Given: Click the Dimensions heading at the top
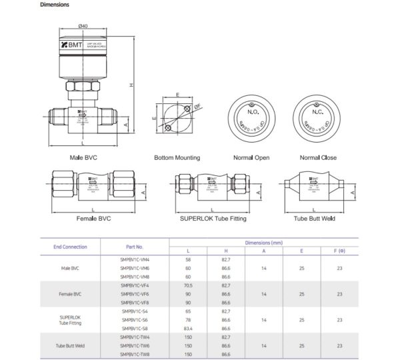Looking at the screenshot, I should tap(54, 5).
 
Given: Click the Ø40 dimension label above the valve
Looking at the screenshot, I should tap(83, 26).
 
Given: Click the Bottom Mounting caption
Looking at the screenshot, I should tap(177, 158).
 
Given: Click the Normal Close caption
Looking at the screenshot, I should tap(318, 158).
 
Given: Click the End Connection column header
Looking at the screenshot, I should tap(70, 247).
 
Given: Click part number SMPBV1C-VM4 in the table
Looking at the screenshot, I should tap(135, 259).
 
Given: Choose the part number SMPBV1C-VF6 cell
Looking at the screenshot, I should tap(135, 293).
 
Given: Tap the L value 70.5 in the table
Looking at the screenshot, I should tap(188, 285).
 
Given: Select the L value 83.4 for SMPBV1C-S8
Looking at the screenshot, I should tap(188, 328).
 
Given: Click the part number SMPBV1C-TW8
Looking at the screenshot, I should tap(135, 354).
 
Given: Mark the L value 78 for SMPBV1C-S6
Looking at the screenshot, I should tap(188, 319).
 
